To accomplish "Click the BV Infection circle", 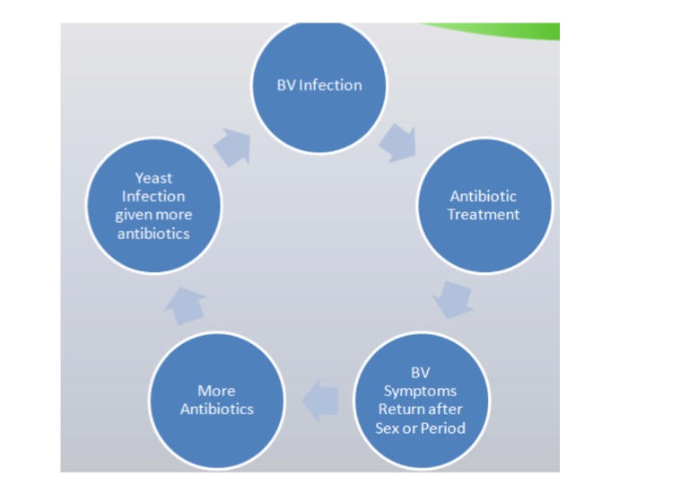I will [x=318, y=85].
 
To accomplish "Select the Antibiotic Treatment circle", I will [x=484, y=205].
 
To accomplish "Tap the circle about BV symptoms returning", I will [x=421, y=400].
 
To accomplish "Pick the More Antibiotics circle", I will [x=216, y=400].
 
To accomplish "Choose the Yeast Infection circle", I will [x=153, y=206].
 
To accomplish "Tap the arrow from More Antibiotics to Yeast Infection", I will [x=186, y=305].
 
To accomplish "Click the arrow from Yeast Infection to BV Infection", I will [x=231, y=146].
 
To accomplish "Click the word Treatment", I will [x=484, y=215].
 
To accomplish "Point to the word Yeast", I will [x=153, y=178].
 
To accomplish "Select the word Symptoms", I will [x=421, y=391].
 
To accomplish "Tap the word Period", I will [x=443, y=428].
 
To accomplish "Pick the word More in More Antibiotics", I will [x=216, y=391].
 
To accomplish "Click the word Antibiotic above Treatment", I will [x=484, y=196].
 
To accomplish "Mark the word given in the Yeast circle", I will [x=134, y=216].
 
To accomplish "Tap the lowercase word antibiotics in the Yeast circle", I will [x=153, y=234].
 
